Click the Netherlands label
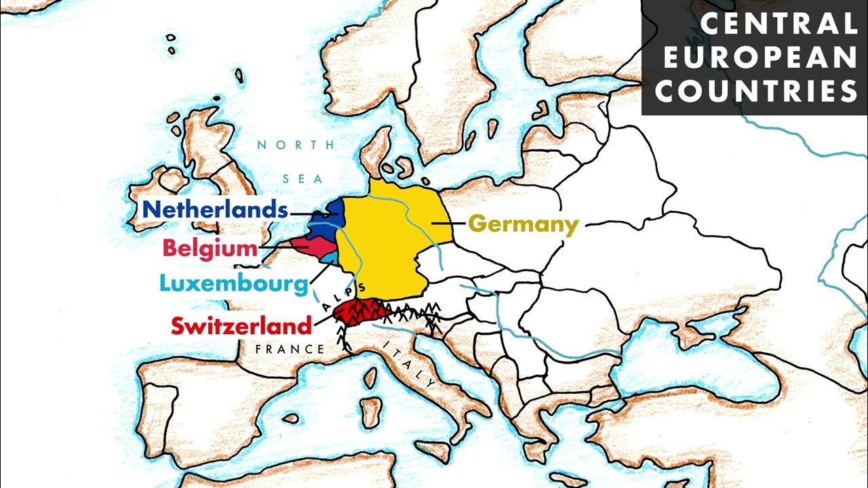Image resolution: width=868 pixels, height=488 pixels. pyautogui.click(x=215, y=209)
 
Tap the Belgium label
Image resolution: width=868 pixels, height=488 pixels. pyautogui.click(x=210, y=249)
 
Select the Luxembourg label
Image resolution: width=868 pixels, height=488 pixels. pyautogui.click(x=233, y=283)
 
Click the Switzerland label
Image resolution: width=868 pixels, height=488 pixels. pyautogui.click(x=241, y=326)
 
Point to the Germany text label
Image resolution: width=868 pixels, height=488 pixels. pyautogui.click(x=524, y=224)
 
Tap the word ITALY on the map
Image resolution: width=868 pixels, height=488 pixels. pyautogui.click(x=410, y=364)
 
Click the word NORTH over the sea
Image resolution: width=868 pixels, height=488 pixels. pyautogui.click(x=296, y=145)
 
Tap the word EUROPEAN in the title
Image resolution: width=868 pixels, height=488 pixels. pyautogui.click(x=760, y=58)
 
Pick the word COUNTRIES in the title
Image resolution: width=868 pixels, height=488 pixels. pyautogui.click(x=756, y=91)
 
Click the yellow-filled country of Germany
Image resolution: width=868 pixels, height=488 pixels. pyautogui.click(x=387, y=244)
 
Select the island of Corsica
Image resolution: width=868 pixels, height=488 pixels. pyautogui.click(x=369, y=375)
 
